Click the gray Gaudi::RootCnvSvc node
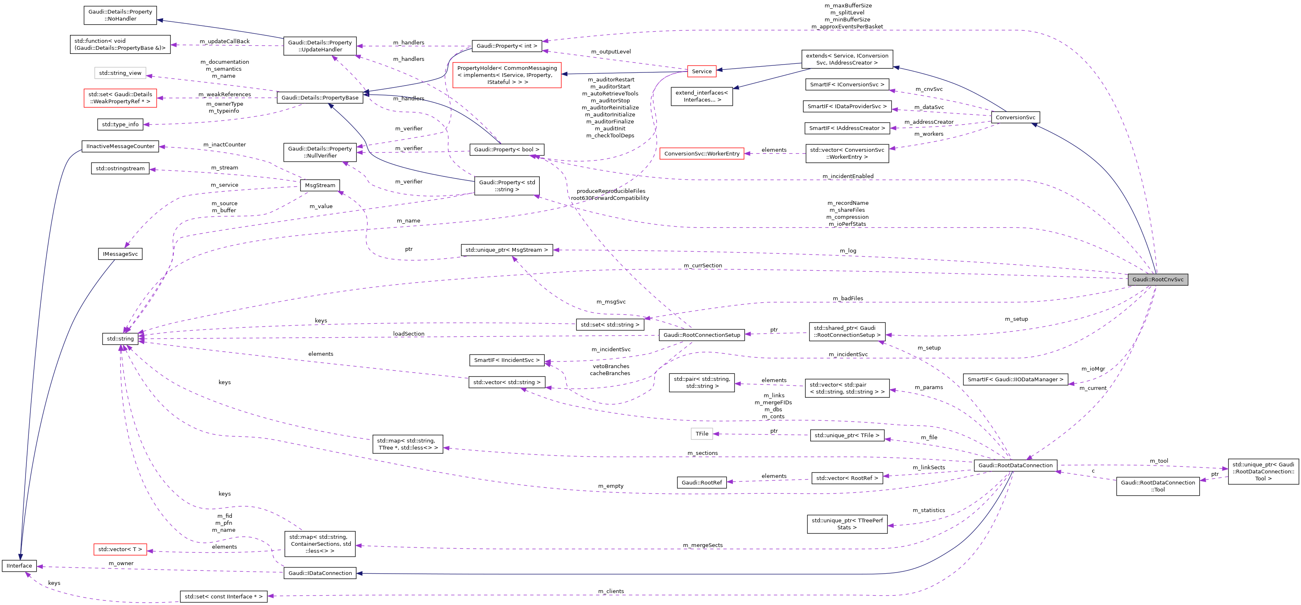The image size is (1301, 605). (1158, 280)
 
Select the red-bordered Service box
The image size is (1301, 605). (702, 72)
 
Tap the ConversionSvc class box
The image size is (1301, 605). (1015, 118)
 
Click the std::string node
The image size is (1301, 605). (120, 338)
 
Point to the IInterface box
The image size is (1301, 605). (19, 566)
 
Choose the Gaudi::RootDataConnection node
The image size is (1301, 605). (1015, 465)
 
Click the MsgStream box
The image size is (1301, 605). (320, 185)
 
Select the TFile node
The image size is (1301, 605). (702, 434)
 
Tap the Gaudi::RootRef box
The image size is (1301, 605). (702, 483)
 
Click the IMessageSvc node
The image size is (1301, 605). (120, 254)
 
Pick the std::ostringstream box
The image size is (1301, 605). (120, 169)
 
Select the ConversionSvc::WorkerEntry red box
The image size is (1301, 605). (702, 153)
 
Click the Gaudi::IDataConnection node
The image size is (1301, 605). (320, 573)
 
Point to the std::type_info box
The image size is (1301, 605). (120, 124)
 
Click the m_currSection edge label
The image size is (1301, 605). (702, 265)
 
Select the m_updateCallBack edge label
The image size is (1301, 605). (224, 42)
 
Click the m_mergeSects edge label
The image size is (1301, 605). (702, 545)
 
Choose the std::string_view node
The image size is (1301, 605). (120, 73)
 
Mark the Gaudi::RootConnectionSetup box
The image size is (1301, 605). (702, 335)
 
